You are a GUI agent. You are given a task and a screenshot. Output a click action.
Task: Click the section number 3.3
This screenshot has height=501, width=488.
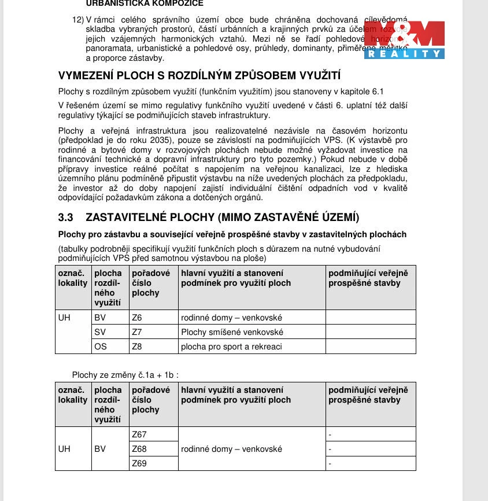[x=65, y=218]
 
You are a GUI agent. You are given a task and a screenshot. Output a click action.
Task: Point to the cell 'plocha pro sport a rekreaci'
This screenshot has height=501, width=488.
[x=231, y=347]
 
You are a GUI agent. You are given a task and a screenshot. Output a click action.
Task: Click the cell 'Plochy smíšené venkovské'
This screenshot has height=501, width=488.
[x=232, y=332]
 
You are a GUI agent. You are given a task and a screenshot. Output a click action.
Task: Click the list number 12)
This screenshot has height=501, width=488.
[x=78, y=19]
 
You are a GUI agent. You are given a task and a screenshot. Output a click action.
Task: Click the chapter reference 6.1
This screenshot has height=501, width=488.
[x=377, y=91]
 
